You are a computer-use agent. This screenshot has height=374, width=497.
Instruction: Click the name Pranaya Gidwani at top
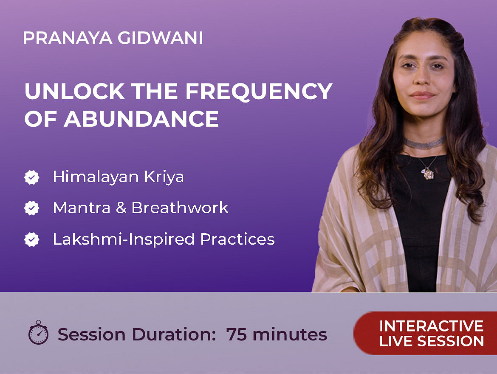(113, 38)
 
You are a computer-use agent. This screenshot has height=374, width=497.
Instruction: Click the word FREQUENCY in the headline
(259, 92)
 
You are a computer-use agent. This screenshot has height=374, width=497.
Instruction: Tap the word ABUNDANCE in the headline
(141, 119)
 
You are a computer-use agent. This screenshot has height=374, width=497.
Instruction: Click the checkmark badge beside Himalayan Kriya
(32, 177)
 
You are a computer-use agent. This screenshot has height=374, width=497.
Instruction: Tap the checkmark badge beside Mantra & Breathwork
(32, 208)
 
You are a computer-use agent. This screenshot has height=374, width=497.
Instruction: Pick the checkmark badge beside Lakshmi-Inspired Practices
(32, 240)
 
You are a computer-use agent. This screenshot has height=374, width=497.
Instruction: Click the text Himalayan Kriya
(118, 177)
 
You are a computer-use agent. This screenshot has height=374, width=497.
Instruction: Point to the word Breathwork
(180, 208)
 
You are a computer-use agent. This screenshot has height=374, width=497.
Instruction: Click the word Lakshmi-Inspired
(124, 240)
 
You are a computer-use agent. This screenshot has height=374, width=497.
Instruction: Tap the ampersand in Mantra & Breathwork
(121, 208)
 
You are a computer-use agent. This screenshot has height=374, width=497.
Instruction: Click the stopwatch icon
(38, 332)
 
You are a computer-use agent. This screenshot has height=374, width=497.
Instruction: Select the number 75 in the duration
(237, 334)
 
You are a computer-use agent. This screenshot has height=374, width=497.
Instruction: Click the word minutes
(290, 334)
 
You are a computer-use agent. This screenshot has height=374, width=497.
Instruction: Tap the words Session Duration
(137, 334)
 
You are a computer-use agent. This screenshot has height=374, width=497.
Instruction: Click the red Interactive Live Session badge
(425, 333)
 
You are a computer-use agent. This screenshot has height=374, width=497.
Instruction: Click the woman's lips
(423, 95)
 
